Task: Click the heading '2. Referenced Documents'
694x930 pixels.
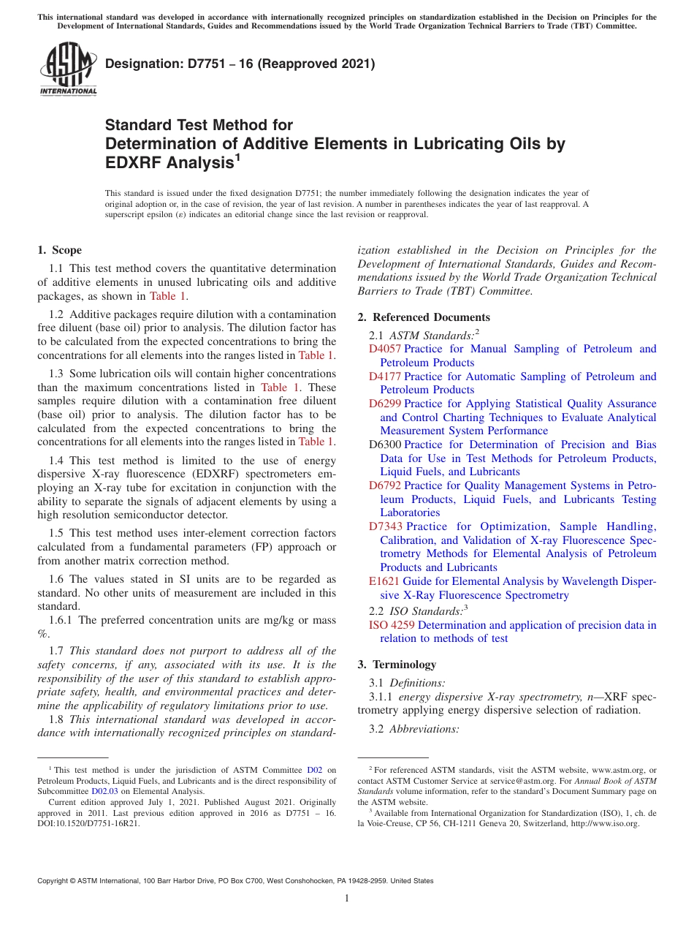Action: pos(424,317)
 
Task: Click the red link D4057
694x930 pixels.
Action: pos(385,349)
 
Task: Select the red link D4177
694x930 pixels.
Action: pos(385,377)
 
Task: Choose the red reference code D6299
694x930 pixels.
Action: pos(385,404)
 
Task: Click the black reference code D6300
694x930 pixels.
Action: pos(385,445)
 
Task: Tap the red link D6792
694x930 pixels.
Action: pos(385,485)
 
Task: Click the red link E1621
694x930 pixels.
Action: pos(384,581)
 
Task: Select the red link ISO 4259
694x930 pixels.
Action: pos(392,625)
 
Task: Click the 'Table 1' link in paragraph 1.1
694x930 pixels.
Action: pos(168,296)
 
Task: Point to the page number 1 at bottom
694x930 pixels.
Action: pos(347,899)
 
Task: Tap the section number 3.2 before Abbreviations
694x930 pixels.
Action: pos(378,729)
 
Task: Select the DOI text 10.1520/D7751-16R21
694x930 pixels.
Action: pos(98,823)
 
